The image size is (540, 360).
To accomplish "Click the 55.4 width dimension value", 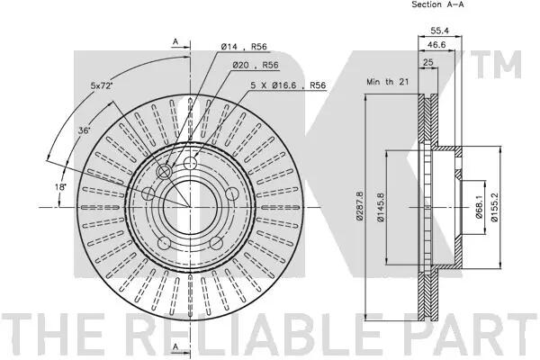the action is point(440,31).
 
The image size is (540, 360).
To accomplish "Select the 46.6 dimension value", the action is point(436,45).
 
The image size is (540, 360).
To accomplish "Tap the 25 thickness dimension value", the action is point(428,62).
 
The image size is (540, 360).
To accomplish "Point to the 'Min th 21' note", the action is point(387,82).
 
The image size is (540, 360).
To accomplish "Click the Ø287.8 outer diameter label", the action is point(359,206).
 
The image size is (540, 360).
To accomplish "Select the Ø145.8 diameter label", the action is point(381,207).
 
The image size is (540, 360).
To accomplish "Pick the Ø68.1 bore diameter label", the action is point(479,208).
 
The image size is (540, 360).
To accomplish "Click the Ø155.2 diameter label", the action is point(494,207).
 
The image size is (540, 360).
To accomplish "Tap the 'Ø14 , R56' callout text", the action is point(244,47).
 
